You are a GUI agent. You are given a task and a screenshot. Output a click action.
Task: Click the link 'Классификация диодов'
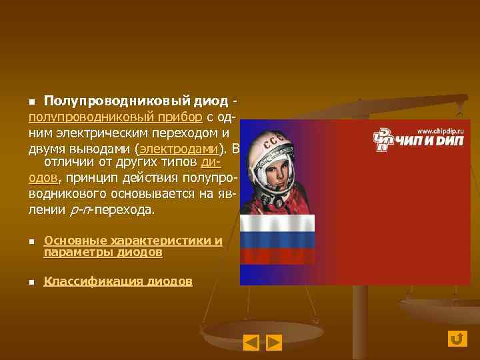[118, 281]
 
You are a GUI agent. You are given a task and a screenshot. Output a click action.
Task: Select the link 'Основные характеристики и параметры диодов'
[133, 246]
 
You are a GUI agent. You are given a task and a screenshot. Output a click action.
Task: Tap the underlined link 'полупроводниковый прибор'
[115, 117]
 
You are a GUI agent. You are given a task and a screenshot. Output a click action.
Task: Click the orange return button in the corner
[457, 339]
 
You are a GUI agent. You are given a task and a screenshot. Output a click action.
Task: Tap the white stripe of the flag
[277, 224]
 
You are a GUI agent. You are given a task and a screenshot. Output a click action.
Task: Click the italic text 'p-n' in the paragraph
[79, 211]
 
